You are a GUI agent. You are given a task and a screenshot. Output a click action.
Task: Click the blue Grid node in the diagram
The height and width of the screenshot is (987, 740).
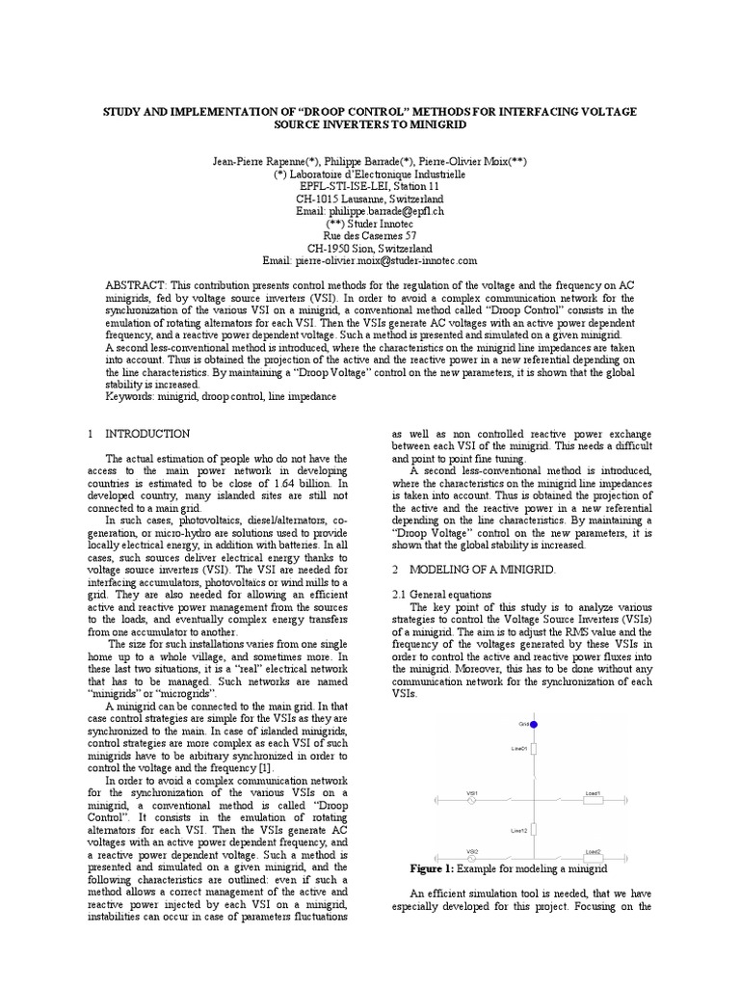tap(533, 723)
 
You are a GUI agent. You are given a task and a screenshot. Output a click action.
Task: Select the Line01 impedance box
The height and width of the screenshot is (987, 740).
tap(533, 749)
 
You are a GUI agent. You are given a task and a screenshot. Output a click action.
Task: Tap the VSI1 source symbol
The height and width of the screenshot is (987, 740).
tap(473, 799)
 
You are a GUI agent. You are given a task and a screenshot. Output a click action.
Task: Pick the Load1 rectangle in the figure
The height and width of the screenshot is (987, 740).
tap(593, 799)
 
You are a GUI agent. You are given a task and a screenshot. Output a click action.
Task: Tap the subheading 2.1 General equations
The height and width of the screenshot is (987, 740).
tap(437, 595)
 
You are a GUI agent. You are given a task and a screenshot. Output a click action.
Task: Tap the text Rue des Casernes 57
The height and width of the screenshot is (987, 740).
tap(370, 235)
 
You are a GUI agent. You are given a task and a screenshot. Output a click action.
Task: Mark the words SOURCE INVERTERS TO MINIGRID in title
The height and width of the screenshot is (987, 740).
tap(370, 126)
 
